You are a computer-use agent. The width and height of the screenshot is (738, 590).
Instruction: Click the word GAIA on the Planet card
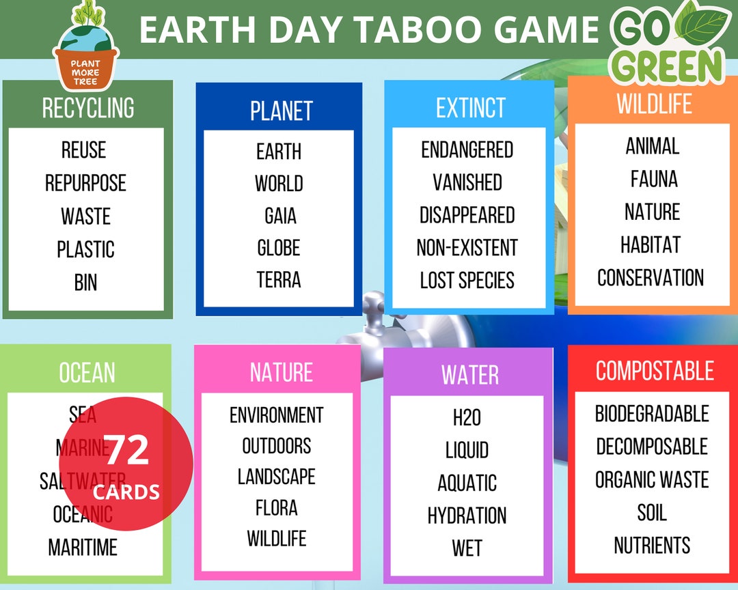click(x=280, y=216)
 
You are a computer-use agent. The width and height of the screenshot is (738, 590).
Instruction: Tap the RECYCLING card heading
click(x=88, y=108)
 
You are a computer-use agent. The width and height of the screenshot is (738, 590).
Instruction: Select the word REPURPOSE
click(x=85, y=184)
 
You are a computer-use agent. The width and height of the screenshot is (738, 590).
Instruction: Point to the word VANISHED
click(x=467, y=182)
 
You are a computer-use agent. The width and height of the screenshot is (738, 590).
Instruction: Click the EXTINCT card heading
click(x=470, y=108)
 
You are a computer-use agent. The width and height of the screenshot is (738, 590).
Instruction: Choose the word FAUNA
click(x=654, y=180)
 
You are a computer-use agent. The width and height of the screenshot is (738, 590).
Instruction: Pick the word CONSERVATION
click(x=651, y=278)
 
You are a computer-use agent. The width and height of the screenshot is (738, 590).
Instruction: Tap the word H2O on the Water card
click(x=467, y=417)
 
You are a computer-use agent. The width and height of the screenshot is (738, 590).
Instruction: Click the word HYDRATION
click(x=467, y=516)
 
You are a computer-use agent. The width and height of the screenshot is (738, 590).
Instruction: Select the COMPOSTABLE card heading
click(x=654, y=371)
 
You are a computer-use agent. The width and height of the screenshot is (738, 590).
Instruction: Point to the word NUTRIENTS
click(x=652, y=546)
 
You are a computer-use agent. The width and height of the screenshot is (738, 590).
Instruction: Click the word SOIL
click(x=652, y=513)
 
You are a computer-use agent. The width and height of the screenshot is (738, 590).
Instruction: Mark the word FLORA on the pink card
click(x=277, y=508)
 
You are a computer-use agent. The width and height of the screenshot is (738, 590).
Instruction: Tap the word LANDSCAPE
click(x=277, y=477)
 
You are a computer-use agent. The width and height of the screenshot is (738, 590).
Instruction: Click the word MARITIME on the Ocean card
click(x=83, y=547)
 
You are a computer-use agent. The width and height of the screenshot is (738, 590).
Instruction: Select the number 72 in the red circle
click(x=128, y=451)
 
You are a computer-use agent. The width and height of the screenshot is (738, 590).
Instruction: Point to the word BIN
click(x=85, y=282)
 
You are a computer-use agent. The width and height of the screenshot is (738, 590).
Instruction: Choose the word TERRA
click(x=279, y=280)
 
